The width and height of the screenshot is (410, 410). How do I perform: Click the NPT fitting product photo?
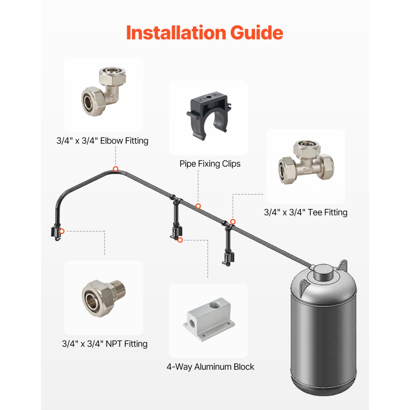coord(104,296)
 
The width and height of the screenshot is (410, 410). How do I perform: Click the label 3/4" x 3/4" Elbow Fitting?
coord(102,141)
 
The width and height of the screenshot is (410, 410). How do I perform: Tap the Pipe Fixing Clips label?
coord(210,164)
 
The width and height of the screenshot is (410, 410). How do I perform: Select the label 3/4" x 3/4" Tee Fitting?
coord(305,212)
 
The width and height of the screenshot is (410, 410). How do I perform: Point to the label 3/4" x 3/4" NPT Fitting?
coord(105,344)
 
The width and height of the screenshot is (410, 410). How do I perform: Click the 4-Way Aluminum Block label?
coord(210,367)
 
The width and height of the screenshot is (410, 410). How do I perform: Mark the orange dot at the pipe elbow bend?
coord(116,169)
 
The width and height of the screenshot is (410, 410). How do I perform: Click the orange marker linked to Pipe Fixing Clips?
coord(198,206)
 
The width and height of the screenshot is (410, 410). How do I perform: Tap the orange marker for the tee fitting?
coord(233,221)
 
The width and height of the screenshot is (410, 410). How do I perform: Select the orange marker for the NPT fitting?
coord(61,231)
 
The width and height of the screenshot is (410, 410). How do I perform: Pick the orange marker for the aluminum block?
coord(180,240)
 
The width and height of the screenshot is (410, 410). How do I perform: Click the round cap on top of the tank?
coord(322,271)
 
